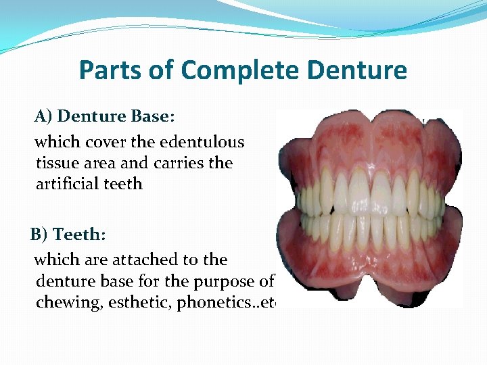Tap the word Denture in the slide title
(x=365, y=70)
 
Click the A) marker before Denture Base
(x=43, y=116)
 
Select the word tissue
(x=56, y=163)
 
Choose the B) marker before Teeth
(x=39, y=235)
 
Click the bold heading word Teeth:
(x=79, y=235)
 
